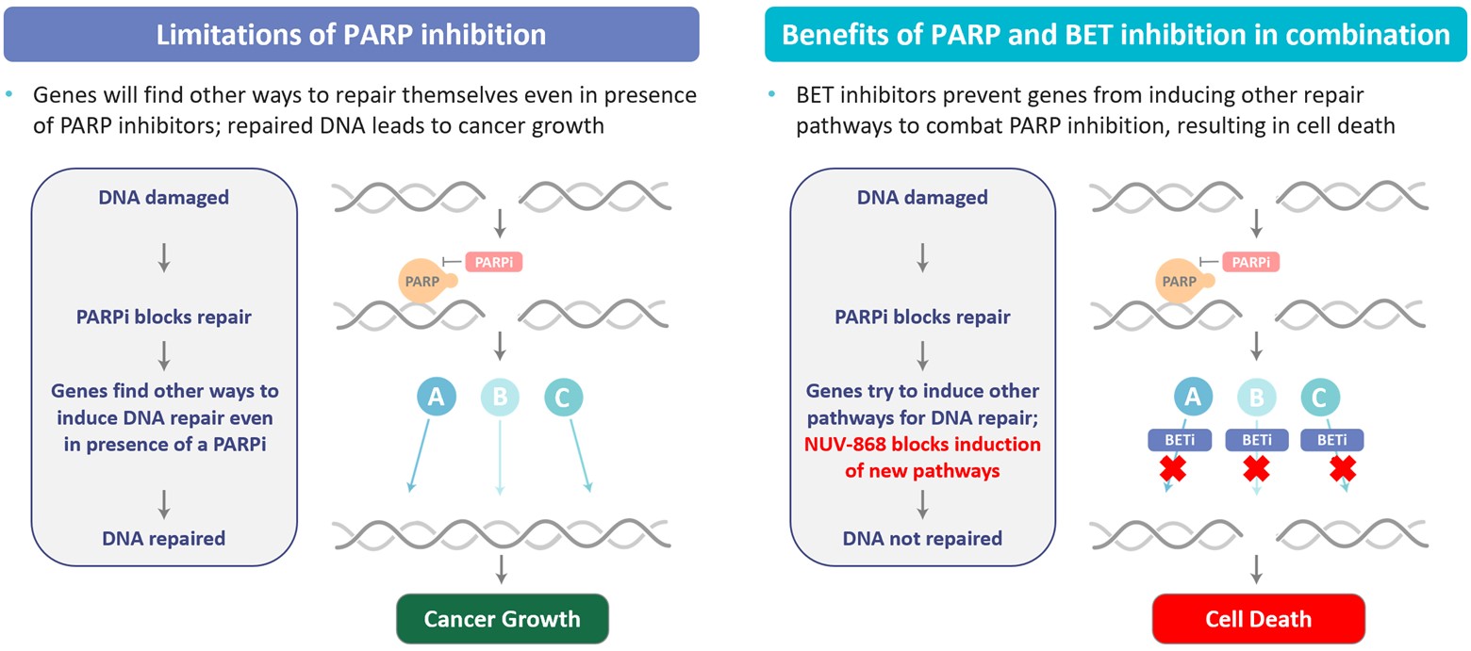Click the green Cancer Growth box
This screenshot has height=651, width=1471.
pos(502,619)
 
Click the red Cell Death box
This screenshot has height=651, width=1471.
pos(1258,619)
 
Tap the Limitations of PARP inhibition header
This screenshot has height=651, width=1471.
pos(351,35)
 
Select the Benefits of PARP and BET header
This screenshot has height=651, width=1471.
pos(1116,35)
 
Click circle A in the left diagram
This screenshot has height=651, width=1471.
pos(436,398)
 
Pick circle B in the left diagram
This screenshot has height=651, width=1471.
pos(500,398)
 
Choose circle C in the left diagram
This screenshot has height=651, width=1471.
pos(563,398)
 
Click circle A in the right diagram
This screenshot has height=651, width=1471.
pos(1193,398)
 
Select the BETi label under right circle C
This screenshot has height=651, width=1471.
pos(1331,439)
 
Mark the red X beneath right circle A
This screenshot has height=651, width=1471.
pos(1172,468)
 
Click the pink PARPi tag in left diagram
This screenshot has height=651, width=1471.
pos(493,263)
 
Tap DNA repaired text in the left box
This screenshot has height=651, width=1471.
pos(164,539)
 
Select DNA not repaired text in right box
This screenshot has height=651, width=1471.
pos(922,539)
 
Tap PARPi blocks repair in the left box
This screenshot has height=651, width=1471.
pos(164,317)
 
